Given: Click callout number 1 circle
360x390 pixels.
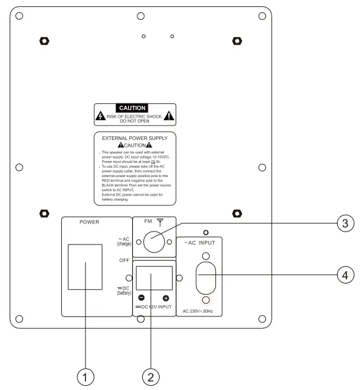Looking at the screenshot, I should [85, 375].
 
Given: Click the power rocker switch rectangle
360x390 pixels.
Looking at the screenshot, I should [85, 267].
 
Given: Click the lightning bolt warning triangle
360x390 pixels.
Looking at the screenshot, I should [101, 116].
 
